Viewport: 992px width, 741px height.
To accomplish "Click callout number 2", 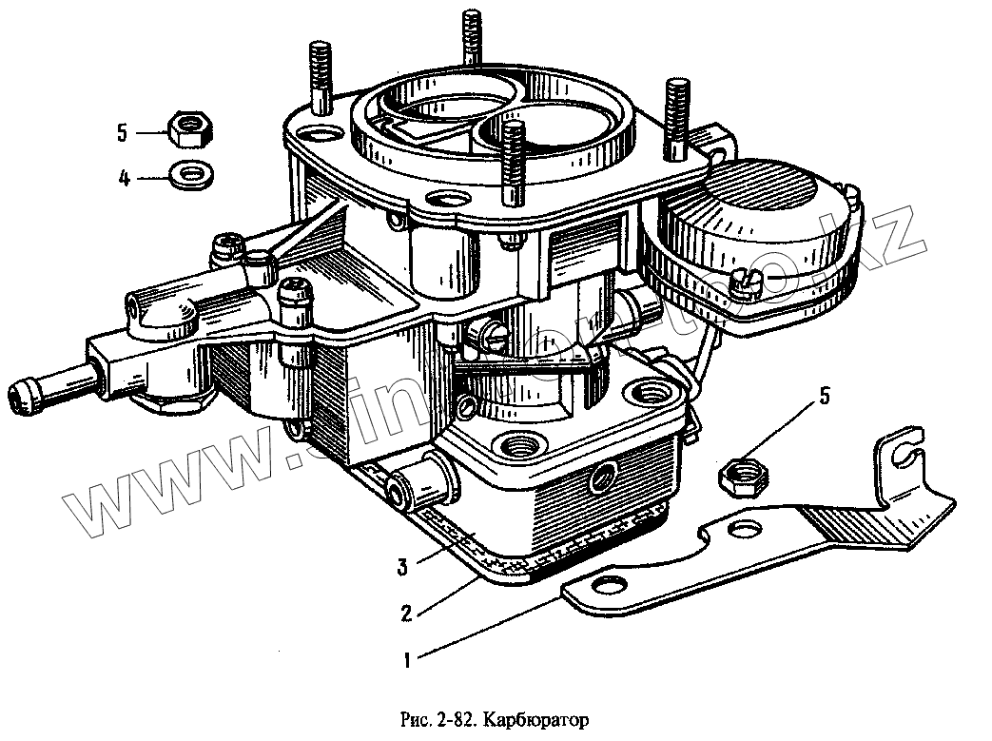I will pyautogui.click(x=406, y=613).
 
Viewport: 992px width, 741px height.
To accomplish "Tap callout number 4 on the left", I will pyautogui.click(x=124, y=177).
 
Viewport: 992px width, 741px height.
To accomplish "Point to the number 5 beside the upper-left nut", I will pyautogui.click(x=123, y=133).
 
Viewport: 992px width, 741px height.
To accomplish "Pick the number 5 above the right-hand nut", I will pyautogui.click(x=824, y=396).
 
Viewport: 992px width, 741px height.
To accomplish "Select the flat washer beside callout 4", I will pyautogui.click(x=189, y=174).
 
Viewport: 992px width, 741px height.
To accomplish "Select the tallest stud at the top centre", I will pyautogui.click(x=471, y=38).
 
